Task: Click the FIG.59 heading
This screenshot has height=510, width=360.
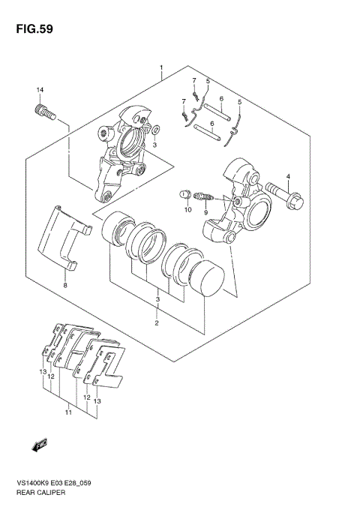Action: coord(34,29)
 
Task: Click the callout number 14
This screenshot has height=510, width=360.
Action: coord(40,90)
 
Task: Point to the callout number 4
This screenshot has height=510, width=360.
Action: coord(288,176)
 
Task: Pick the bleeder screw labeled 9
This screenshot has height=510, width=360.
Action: coord(203,197)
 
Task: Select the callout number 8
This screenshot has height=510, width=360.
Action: coord(65,286)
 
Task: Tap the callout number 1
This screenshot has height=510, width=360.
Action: coord(161,67)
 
